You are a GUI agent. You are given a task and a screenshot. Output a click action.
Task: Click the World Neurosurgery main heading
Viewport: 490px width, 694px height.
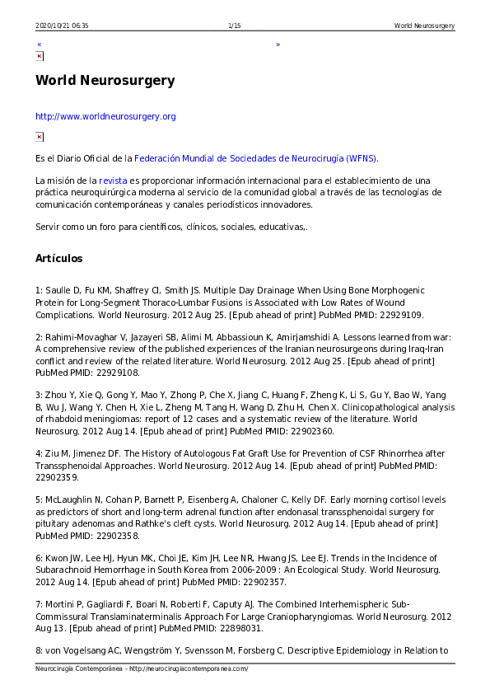105,81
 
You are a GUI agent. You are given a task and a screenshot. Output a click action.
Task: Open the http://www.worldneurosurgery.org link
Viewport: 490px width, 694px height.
105,117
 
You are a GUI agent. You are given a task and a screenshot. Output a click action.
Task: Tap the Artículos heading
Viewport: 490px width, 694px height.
58,259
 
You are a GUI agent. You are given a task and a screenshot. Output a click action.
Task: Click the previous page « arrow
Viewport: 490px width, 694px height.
39,45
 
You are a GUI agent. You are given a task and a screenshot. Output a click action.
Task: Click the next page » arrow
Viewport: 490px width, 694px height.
278,45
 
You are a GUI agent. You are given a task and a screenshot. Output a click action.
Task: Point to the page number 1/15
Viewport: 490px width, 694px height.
234,26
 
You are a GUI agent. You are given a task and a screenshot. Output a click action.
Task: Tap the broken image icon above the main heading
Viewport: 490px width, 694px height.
40,56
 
